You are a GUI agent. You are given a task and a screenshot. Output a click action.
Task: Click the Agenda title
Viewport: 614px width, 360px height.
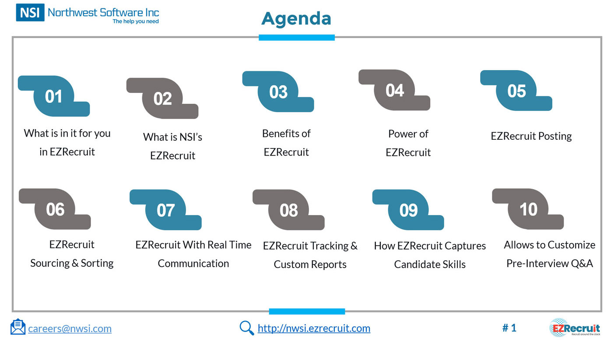[296, 19]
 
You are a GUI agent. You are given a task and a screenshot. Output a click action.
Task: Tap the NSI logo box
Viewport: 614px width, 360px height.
[30, 12]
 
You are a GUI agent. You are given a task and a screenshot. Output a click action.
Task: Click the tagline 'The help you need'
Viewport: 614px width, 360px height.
[136, 21]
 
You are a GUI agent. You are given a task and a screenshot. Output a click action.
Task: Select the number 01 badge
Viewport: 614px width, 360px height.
[54, 96]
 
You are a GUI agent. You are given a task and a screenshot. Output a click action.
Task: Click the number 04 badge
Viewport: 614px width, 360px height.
[394, 90]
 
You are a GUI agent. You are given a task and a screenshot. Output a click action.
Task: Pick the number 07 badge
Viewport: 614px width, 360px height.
[165, 210]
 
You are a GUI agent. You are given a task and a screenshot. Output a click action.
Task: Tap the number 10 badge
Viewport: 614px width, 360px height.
[528, 209]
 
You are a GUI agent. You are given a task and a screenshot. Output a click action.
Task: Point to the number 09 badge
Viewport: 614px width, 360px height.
[408, 210]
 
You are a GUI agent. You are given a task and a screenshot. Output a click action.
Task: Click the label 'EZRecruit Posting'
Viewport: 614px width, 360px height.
[531, 136]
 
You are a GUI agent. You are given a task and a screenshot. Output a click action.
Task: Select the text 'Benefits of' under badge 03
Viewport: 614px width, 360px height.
[286, 134]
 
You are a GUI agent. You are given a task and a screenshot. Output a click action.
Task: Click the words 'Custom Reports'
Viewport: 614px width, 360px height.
[310, 265]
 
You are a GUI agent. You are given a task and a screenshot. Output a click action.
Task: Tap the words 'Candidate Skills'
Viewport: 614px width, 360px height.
[430, 265]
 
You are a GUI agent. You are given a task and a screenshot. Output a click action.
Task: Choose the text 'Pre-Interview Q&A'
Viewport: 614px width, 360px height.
[550, 263]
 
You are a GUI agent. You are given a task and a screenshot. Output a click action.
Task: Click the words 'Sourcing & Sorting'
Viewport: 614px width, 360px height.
[72, 263]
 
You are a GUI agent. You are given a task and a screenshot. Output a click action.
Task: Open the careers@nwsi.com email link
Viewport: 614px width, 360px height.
[70, 328]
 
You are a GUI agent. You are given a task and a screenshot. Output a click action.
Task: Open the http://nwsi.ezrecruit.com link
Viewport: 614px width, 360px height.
[314, 328]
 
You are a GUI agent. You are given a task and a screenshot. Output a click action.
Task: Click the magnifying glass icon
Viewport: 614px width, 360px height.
[247, 328]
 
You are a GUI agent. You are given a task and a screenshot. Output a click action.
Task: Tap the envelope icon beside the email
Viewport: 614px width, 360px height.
[18, 327]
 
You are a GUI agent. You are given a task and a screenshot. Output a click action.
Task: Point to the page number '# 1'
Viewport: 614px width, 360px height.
[509, 328]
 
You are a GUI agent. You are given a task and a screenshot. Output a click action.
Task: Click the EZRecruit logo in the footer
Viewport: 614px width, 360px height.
[575, 327]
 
